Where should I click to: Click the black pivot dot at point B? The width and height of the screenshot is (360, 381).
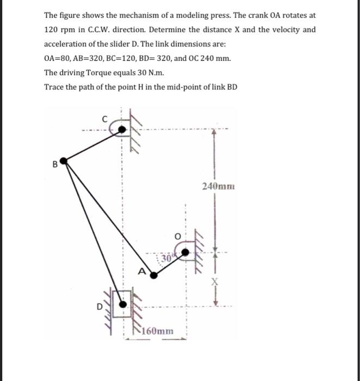[64, 161]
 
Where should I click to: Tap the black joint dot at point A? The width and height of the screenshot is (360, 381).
[154, 275]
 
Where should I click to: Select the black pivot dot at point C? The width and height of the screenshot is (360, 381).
[122, 129]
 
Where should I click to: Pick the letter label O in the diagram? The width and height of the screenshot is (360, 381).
[176, 237]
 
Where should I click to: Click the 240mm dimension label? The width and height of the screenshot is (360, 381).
[218, 186]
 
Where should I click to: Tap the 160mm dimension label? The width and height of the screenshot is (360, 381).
[159, 331]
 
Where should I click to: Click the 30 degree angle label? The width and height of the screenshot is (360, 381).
[166, 259]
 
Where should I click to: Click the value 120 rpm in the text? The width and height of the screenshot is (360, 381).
[58, 29]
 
